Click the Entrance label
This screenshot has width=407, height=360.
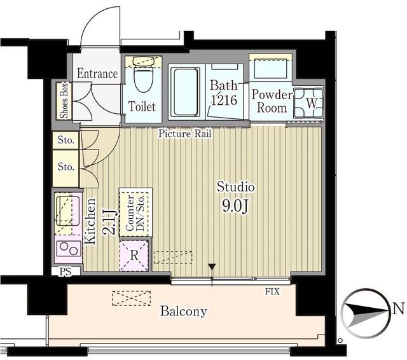click(97, 73)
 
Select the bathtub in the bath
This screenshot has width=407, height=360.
click(185, 92)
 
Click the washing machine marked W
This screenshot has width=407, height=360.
click(308, 103)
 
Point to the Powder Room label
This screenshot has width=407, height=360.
click(272, 101)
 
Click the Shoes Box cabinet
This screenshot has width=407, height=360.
click(64, 100)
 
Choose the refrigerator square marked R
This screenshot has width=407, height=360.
click(134, 256)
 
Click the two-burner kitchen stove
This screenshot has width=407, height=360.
click(69, 249)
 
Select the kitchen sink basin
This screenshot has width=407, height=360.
click(68, 211)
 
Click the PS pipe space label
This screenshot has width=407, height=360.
click(66, 271)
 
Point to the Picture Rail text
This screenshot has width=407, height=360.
click(185, 134)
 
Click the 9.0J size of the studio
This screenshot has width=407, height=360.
click(235, 206)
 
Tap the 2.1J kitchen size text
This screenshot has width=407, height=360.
click(109, 222)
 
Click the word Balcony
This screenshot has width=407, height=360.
click(184, 311)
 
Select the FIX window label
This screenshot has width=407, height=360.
click(272, 291)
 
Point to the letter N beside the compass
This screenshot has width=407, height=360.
click(399, 309)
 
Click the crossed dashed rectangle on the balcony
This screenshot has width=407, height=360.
click(132, 298)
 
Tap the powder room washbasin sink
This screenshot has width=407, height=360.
click(271, 68)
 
